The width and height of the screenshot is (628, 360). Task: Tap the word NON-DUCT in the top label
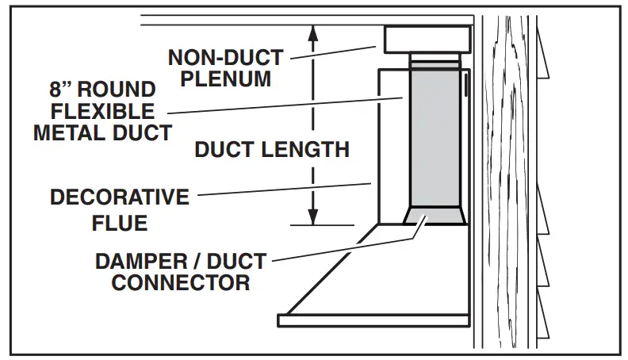(x=225, y=56)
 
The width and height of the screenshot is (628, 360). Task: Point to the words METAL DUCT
(x=102, y=132)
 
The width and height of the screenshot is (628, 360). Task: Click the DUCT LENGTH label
(x=271, y=149)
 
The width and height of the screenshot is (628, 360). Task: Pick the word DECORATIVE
(x=120, y=197)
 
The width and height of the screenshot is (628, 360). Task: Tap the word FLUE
(x=120, y=223)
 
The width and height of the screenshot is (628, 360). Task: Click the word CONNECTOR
(x=181, y=282)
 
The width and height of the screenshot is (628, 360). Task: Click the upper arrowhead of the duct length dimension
(x=314, y=33)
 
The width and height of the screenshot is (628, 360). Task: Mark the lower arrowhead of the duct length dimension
(x=314, y=217)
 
